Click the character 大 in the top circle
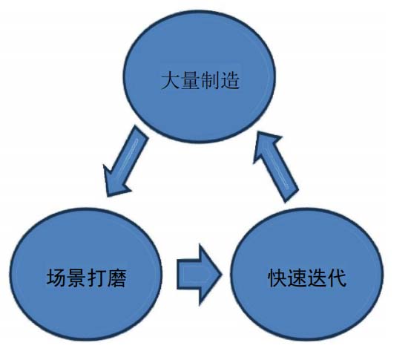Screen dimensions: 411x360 point(171,80)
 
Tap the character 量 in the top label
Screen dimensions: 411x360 point(191,80)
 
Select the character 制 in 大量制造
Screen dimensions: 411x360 point(210,80)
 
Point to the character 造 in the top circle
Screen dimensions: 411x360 point(230,80)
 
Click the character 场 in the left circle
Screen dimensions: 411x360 point(56,278)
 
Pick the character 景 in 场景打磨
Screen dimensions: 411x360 point(77,278)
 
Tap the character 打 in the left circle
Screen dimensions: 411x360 point(96,278)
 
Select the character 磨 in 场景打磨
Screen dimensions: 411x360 point(117,278)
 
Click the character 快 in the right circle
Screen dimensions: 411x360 point(277,278)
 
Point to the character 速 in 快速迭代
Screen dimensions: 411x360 point(297,278)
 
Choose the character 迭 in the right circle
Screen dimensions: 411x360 point(318,278)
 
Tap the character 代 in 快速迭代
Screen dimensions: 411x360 point(337,278)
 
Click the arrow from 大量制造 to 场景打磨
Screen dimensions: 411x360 point(125,161)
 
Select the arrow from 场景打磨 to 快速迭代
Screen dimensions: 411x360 point(200,275)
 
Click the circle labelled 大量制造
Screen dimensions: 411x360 point(200,76)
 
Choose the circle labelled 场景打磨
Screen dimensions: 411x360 point(86,274)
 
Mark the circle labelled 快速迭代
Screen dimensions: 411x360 point(306,274)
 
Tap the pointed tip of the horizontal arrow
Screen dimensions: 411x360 point(222,275)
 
